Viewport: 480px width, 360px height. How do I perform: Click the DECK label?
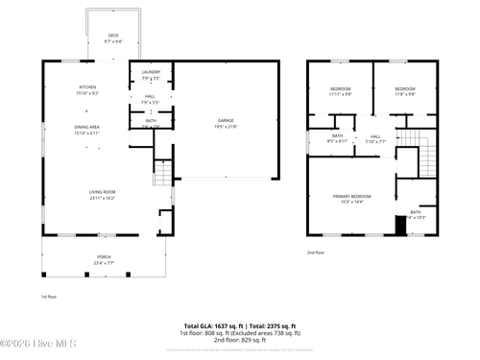(113, 36)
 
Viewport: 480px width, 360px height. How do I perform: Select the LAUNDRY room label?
(151, 72)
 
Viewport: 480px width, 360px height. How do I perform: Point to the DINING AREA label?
(87, 127)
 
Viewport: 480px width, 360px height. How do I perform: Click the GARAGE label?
(225, 120)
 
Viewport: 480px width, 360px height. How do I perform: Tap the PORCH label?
(103, 256)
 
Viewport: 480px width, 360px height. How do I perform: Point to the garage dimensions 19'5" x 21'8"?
(225, 126)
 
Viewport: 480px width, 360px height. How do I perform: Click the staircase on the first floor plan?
(162, 174)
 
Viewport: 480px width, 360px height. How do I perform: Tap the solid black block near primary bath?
(401, 226)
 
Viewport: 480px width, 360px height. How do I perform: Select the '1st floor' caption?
(48, 297)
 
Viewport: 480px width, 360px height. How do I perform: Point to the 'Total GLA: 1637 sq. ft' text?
(213, 325)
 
